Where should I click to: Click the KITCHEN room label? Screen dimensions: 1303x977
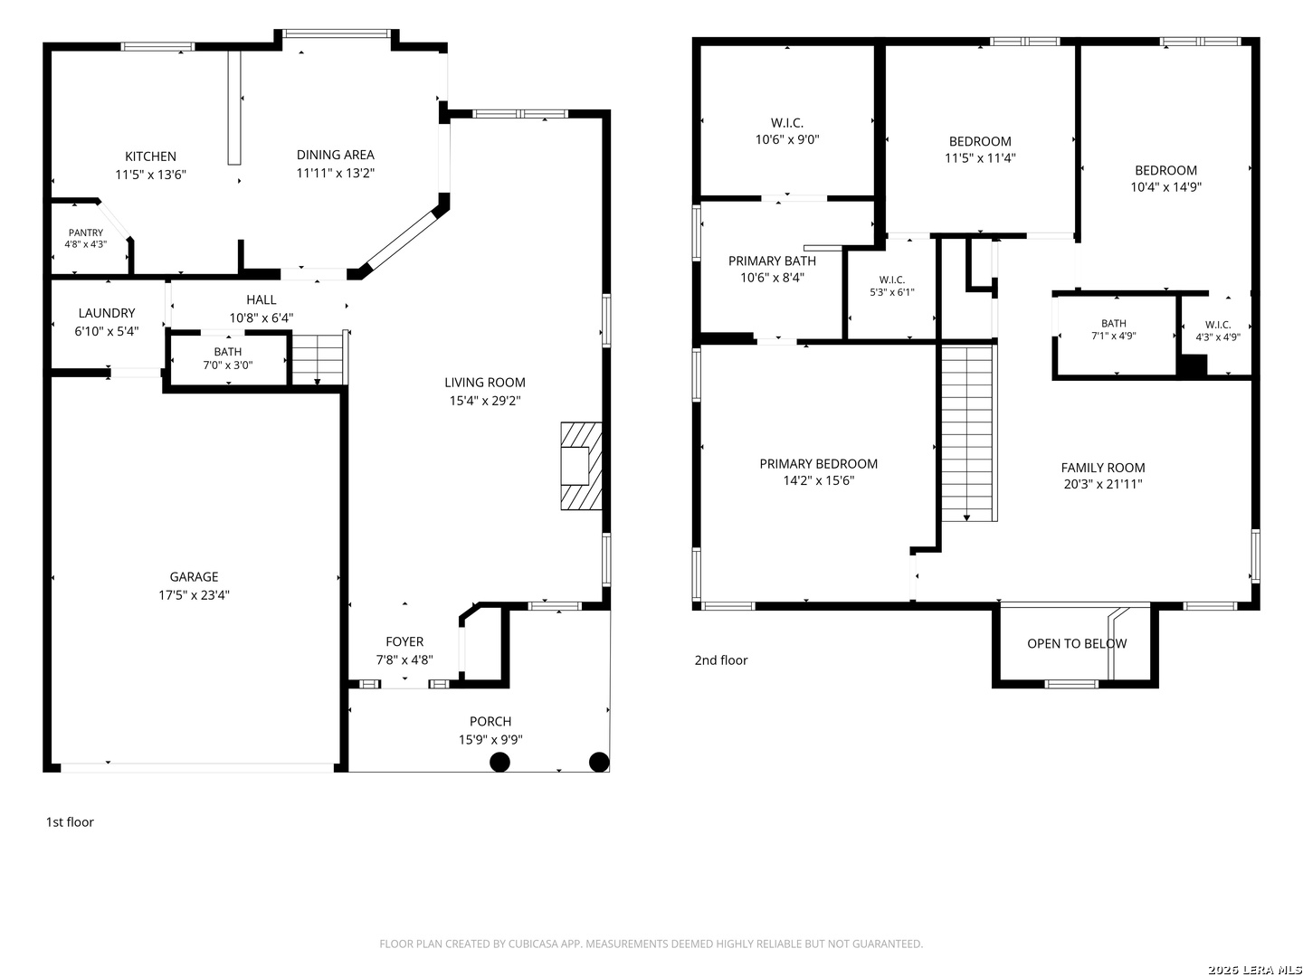(x=150, y=157)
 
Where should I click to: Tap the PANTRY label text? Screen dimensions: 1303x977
(x=85, y=232)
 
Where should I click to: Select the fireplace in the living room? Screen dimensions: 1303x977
(x=581, y=466)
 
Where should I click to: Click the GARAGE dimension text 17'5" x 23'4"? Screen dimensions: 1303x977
(x=194, y=595)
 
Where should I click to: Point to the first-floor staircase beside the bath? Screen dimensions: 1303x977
(x=319, y=359)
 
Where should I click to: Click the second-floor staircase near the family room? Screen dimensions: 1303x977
(x=967, y=433)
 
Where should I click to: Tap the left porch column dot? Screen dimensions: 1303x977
(x=499, y=763)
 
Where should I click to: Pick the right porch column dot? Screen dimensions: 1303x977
(x=599, y=763)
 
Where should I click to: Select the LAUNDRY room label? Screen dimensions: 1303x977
(x=107, y=313)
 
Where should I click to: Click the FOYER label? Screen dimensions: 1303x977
(x=404, y=642)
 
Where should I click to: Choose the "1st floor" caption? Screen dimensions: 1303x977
(x=70, y=822)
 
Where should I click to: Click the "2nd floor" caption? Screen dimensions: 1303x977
(x=720, y=660)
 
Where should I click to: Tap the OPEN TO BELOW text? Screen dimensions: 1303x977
(x=1077, y=643)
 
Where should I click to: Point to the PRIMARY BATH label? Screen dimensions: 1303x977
(x=772, y=261)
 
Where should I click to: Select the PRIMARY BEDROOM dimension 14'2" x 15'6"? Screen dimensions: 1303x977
(x=819, y=480)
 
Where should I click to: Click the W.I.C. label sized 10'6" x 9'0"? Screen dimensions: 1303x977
(x=787, y=123)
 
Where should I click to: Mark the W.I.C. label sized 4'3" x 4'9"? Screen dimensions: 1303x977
(x=1218, y=325)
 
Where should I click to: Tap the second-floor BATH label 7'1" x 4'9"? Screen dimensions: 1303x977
(x=1114, y=323)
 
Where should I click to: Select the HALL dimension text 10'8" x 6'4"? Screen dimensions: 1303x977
(x=262, y=318)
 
